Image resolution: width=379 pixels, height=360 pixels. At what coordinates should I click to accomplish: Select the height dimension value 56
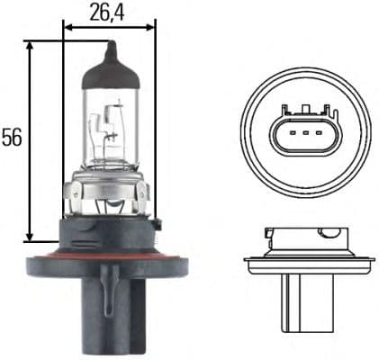pyautogui.click(x=12, y=138)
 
